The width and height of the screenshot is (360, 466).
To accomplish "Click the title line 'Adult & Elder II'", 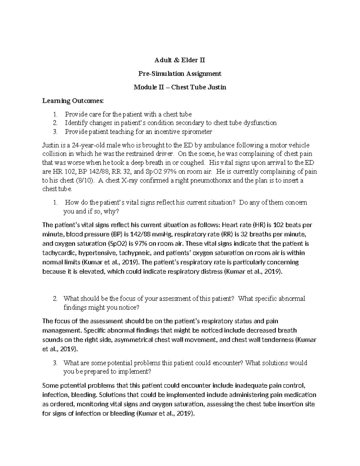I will coord(180,60).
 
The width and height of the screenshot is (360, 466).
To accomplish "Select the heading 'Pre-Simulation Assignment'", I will coord(180,74).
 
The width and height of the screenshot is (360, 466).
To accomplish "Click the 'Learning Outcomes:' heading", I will coord(73,101).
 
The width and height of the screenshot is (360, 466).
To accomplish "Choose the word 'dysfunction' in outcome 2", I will coord(260,123).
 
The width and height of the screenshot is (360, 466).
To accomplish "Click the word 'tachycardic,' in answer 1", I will coord(58,253).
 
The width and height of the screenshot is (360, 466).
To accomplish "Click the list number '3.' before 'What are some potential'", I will coord(55,363).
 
